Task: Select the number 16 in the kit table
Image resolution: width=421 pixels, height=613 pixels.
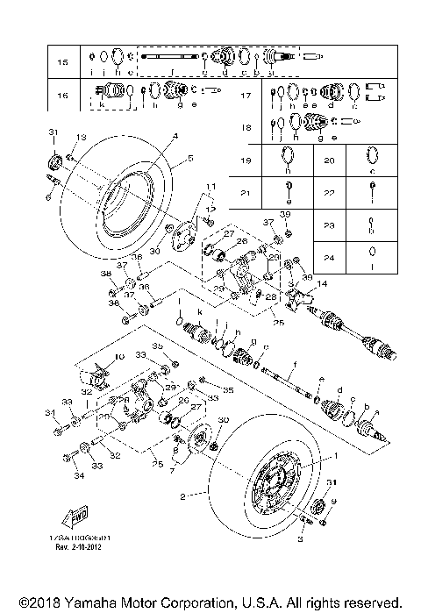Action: (61, 95)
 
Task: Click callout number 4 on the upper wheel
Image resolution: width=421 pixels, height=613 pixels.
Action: (175, 136)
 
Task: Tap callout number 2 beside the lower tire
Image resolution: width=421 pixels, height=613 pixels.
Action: (183, 495)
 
